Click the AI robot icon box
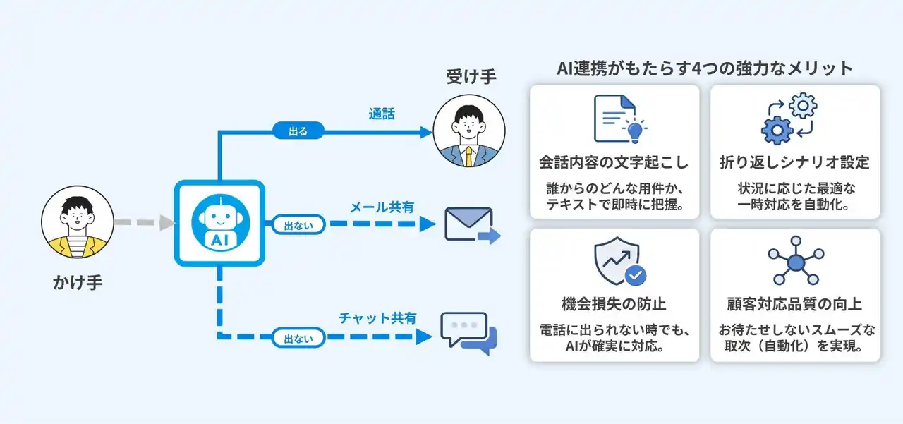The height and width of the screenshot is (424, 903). (x=219, y=224)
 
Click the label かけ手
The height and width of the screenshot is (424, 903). (x=78, y=284)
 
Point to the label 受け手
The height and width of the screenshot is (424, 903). (x=471, y=76)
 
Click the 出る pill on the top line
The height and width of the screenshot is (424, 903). (x=298, y=131)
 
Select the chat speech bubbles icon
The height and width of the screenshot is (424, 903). (x=468, y=330)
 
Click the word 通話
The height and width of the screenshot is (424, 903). (x=382, y=114)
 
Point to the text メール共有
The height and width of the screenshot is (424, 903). (x=382, y=207)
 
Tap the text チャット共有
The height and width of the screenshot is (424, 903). (x=377, y=318)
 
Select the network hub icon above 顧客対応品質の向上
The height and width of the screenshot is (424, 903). (x=795, y=263)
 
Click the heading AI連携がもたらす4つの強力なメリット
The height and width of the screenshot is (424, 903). (x=705, y=68)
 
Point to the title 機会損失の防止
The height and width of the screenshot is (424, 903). (x=614, y=304)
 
